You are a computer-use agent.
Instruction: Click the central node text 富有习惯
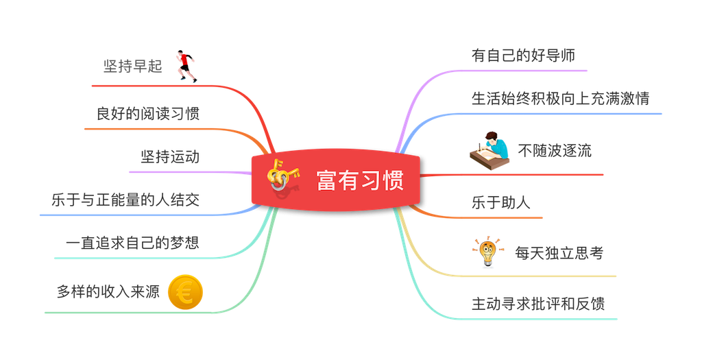[x=359, y=182]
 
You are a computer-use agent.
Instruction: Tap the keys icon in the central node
[x=283, y=176]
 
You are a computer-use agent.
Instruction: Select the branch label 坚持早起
[x=132, y=67]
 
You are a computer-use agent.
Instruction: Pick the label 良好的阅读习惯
[x=147, y=113]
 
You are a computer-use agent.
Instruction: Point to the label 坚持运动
[x=169, y=157]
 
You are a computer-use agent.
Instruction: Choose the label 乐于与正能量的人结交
[x=125, y=200]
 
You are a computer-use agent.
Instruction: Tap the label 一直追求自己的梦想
[x=132, y=243]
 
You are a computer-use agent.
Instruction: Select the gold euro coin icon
[x=184, y=291]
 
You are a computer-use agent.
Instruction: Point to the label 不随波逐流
[x=555, y=151]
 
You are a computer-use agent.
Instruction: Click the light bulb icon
[x=487, y=252]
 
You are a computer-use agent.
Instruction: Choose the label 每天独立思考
[x=559, y=252]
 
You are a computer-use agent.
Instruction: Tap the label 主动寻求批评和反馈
[x=538, y=302]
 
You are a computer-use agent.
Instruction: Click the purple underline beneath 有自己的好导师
[x=521, y=71]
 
